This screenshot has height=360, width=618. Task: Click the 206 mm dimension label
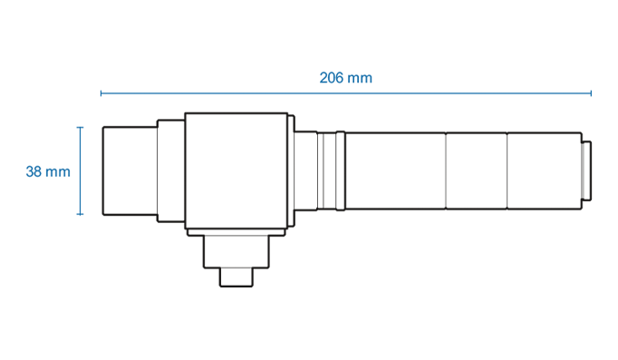(345, 78)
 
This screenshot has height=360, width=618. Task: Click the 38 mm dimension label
(48, 171)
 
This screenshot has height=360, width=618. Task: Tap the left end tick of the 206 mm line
(101, 93)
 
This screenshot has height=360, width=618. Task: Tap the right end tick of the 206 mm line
(591, 93)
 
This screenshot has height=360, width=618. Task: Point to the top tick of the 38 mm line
(80, 127)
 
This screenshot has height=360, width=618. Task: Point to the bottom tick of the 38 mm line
(80, 215)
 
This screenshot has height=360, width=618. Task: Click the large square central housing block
(237, 170)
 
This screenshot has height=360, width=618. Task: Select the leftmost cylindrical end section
(130, 170)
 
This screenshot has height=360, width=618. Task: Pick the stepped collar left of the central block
(171, 170)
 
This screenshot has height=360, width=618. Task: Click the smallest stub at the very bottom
(237, 277)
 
